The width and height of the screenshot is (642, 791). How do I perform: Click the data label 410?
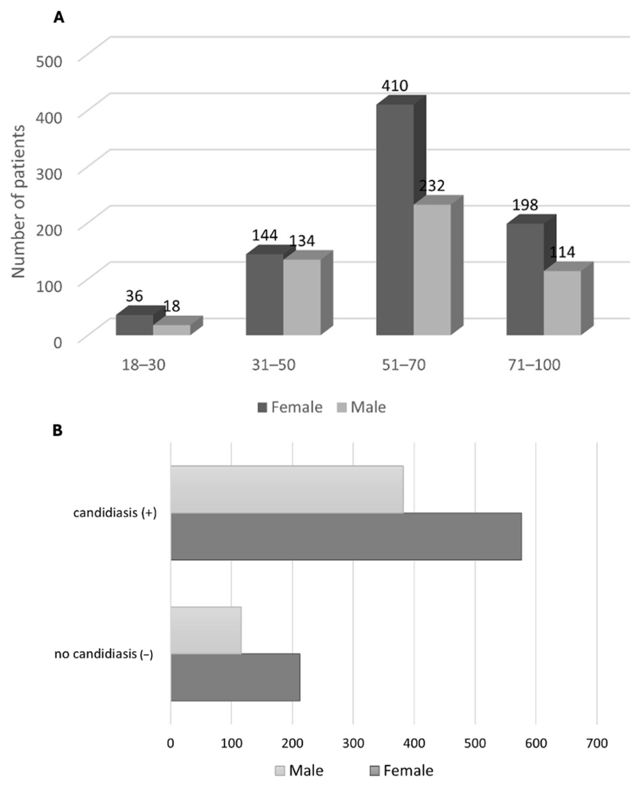coord(395,86)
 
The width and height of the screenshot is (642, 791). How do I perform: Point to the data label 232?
coord(432,186)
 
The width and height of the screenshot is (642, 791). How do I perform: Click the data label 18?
coord(172,306)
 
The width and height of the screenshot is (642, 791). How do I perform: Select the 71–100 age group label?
coord(534,365)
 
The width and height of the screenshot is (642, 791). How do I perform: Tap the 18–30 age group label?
coord(144,365)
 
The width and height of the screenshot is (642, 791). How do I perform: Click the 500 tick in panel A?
coord(49,61)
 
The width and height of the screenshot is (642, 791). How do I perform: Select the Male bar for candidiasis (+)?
coord(287,489)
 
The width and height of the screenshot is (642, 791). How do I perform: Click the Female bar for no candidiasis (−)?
coord(235,677)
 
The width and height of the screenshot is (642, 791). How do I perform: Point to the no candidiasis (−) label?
coord(104,654)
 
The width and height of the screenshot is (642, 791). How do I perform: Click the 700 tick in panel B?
coord(596,743)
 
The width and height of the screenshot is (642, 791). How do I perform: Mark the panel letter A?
coord(58,17)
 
